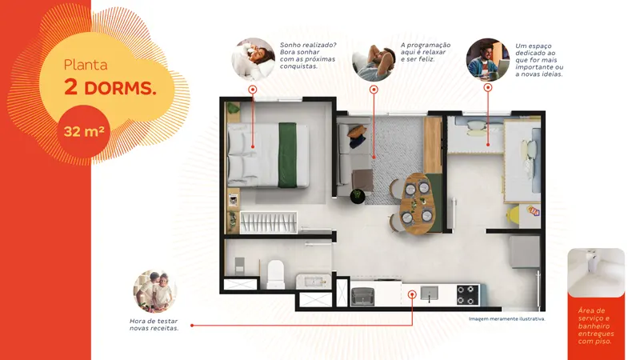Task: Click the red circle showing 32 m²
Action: pos(83,131)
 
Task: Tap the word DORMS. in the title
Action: pos(121,88)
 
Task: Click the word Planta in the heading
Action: pos(86,65)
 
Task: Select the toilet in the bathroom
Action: pos(275,274)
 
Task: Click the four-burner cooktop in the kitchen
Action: pos(468,294)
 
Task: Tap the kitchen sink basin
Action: pos(429,293)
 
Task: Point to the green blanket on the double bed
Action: pos(287,155)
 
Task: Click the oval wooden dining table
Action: pos(417,203)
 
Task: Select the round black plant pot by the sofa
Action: pos(358,196)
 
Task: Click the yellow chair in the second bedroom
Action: pos(514,214)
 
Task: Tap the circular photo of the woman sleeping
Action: pos(254,59)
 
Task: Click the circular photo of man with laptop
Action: pos(488,60)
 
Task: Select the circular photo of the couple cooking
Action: pos(155,291)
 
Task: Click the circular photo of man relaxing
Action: pos(374,60)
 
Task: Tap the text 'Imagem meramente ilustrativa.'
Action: pos(507,318)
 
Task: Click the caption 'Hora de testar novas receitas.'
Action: pos(154,325)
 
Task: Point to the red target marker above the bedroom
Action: pos(253,90)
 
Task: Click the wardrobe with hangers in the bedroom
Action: pos(269,222)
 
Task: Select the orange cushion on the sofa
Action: pos(357,131)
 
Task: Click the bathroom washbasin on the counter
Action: pos(314,282)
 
